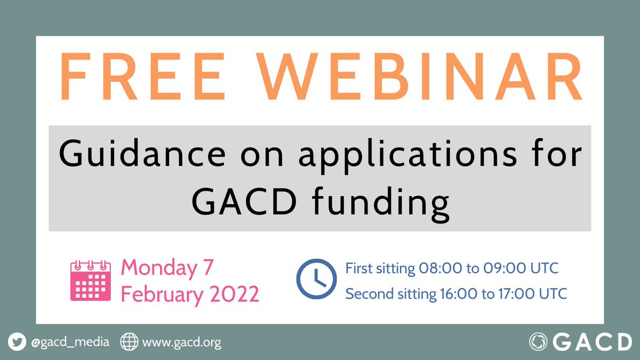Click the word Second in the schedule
(x=365, y=293)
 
